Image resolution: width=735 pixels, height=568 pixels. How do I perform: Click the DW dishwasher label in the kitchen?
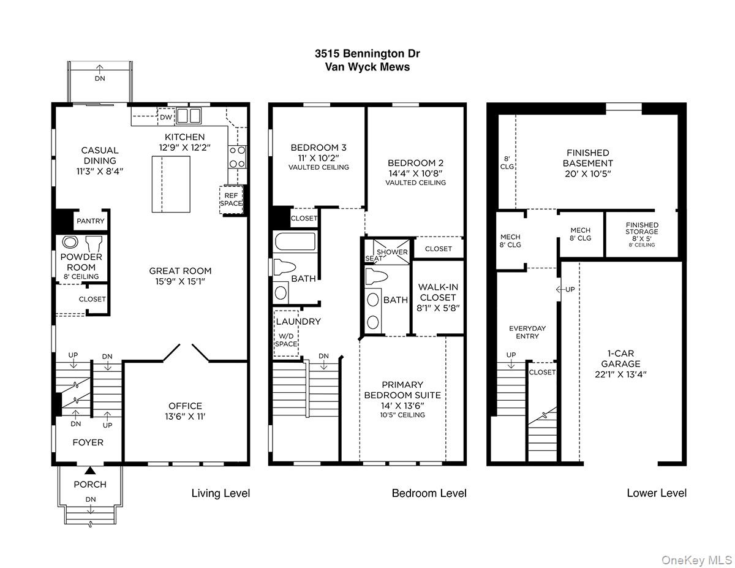[x=166, y=117]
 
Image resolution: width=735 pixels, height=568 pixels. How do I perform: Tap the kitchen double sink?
[x=189, y=116]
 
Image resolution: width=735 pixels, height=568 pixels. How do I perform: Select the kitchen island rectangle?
[x=171, y=184]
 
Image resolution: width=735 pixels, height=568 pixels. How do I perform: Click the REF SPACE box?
[x=231, y=200]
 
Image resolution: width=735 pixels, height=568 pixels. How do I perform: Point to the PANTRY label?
[x=90, y=221]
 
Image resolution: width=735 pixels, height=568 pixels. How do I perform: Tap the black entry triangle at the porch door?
[x=89, y=470]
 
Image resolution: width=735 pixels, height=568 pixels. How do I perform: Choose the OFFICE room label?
[x=185, y=406]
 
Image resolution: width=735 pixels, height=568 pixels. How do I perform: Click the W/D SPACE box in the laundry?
[x=286, y=333]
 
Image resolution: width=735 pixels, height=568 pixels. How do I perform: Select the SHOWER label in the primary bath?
[x=392, y=252]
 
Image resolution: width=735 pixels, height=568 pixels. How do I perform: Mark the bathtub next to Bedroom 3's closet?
[x=295, y=241]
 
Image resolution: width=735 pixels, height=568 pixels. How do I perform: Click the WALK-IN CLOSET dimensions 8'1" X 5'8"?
[x=438, y=308]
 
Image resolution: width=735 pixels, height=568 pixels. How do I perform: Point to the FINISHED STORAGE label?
[x=642, y=228]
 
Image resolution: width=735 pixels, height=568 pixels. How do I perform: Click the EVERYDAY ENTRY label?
[x=527, y=332]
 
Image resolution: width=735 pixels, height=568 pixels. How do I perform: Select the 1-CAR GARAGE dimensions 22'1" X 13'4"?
[x=620, y=374]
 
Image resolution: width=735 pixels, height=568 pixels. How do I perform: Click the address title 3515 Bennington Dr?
[x=367, y=53]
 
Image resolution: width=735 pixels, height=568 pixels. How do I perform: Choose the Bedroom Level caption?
[x=429, y=493]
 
